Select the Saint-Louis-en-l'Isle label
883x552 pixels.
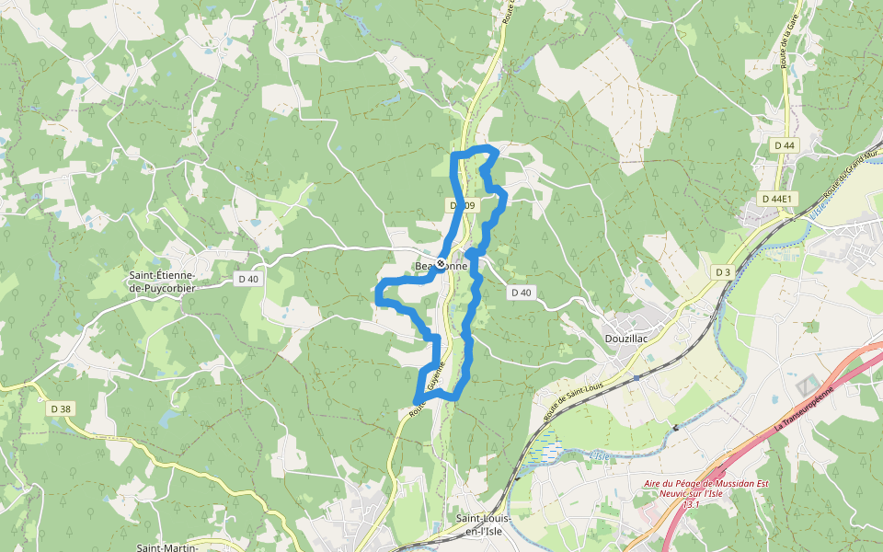click(x=484, y=525)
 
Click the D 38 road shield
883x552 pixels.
click(x=61, y=408)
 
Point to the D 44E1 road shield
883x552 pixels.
click(x=778, y=199)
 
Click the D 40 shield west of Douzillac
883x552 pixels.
click(x=521, y=293)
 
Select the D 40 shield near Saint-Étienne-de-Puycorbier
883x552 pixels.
click(x=248, y=280)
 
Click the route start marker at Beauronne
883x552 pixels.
click(x=441, y=265)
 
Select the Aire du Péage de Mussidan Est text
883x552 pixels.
click(x=705, y=484)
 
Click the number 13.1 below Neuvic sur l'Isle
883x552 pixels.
click(x=691, y=504)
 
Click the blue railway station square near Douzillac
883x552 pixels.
click(x=636, y=377)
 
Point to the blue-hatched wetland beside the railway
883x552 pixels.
click(x=546, y=451)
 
